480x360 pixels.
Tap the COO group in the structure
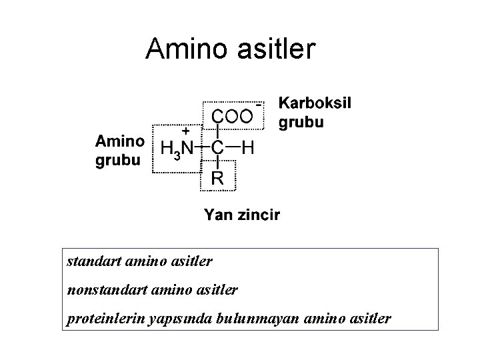pyautogui.click(x=232, y=117)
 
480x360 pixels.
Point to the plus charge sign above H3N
pyautogui.click(x=187, y=132)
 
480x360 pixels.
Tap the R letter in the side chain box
pyautogui.click(x=217, y=178)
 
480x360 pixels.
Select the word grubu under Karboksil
pyautogui.click(x=301, y=123)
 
